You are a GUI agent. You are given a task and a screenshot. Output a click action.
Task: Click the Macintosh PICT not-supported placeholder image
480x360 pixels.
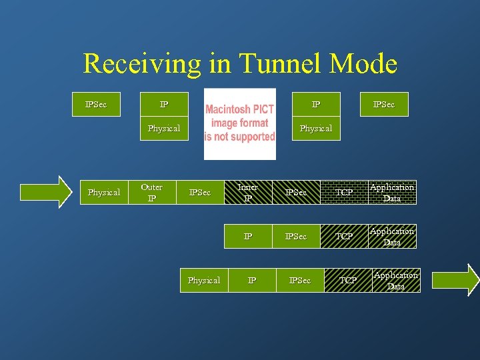(239, 124)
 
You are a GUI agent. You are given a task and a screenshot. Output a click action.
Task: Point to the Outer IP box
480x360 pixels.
(151, 193)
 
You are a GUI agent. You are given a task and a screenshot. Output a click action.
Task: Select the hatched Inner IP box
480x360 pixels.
(248, 193)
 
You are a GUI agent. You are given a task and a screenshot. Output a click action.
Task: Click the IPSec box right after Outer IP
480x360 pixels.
(200, 193)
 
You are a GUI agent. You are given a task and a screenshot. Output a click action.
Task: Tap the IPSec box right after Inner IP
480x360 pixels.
(296, 193)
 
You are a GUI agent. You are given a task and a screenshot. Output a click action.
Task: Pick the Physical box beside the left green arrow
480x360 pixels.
(104, 193)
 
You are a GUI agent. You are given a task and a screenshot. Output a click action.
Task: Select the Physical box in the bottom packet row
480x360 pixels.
(204, 281)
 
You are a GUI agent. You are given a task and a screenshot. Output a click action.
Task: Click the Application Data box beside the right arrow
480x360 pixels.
(396, 281)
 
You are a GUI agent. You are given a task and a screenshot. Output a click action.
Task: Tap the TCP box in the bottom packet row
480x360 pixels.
(348, 281)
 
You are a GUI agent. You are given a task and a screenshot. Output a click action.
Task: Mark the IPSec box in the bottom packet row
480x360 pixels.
(300, 281)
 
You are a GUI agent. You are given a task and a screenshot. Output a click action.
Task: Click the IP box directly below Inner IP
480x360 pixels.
(248, 237)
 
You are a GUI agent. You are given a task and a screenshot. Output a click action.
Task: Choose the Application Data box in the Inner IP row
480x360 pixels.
(392, 193)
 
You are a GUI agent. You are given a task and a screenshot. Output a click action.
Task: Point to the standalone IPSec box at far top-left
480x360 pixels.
(96, 105)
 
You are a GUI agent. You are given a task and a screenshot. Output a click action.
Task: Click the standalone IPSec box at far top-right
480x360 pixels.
(384, 105)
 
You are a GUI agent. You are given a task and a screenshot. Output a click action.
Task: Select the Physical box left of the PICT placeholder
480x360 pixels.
(164, 129)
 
